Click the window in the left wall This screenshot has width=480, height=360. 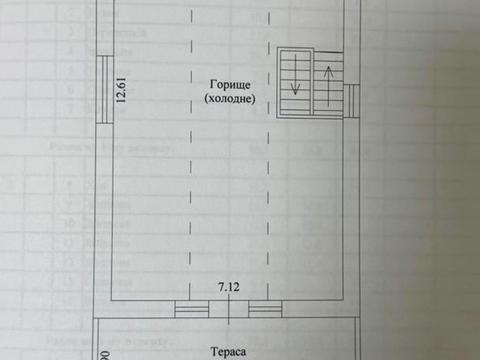106,86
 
